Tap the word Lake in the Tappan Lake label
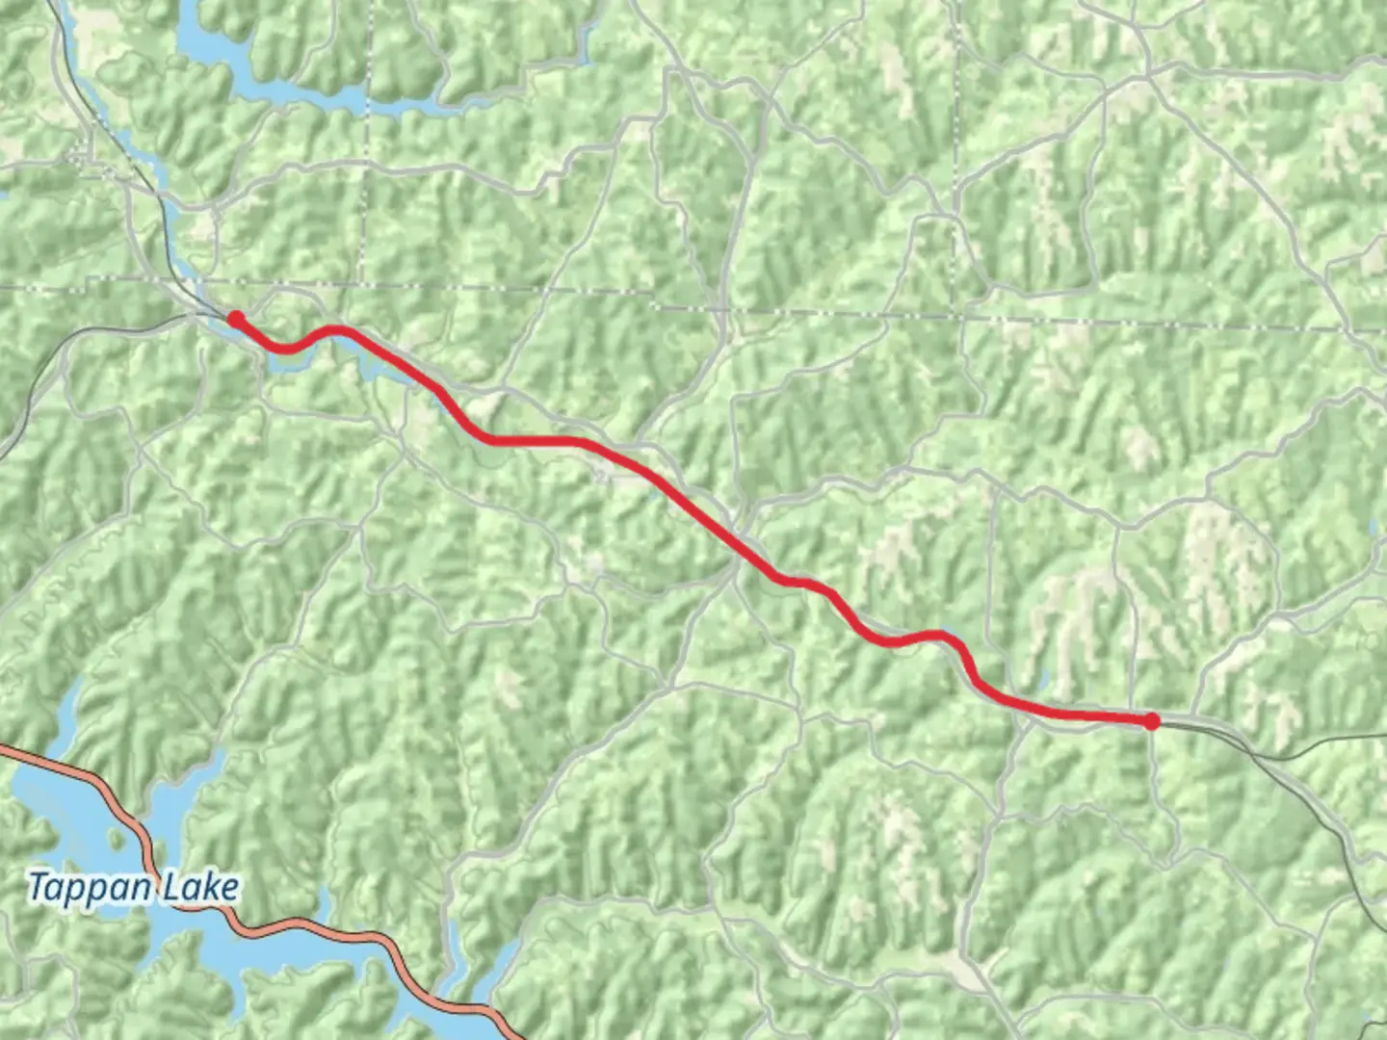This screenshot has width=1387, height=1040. [201, 887]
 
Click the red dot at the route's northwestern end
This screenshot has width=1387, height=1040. [235, 319]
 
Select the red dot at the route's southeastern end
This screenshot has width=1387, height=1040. [1151, 721]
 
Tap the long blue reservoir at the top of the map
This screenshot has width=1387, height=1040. [289, 91]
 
